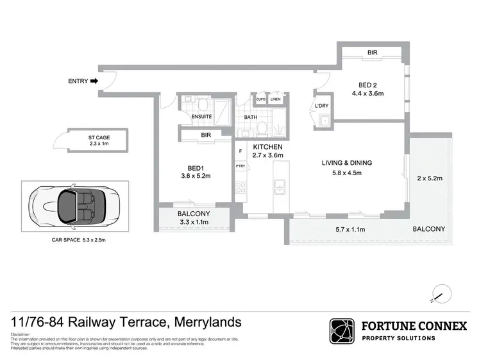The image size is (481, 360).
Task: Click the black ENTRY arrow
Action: [94, 81]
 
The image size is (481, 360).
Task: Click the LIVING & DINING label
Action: [346, 163]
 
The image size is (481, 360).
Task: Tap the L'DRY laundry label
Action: [321, 107]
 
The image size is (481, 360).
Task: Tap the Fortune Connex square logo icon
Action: [342, 331]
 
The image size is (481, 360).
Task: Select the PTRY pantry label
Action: [240, 166]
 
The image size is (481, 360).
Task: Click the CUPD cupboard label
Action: [261, 99]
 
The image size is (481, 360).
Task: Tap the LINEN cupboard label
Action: [275, 99]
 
